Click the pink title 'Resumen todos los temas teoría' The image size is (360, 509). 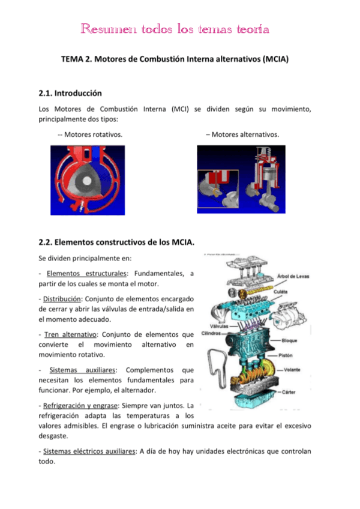(x=175, y=29)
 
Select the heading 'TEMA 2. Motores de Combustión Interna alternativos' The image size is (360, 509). (x=175, y=61)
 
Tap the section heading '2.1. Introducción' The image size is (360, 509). (x=70, y=93)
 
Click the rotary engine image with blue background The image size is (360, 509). (x=88, y=181)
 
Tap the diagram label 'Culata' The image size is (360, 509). (x=281, y=292)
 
